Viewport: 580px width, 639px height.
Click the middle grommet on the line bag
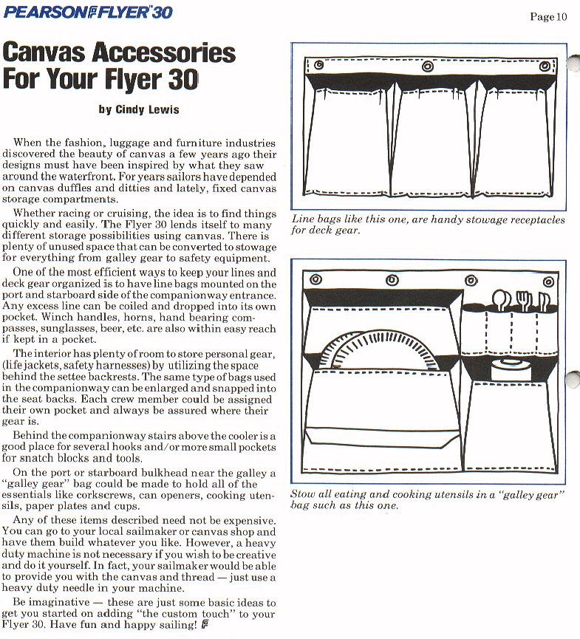(x=427, y=66)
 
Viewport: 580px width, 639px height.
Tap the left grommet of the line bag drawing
(x=318, y=65)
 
